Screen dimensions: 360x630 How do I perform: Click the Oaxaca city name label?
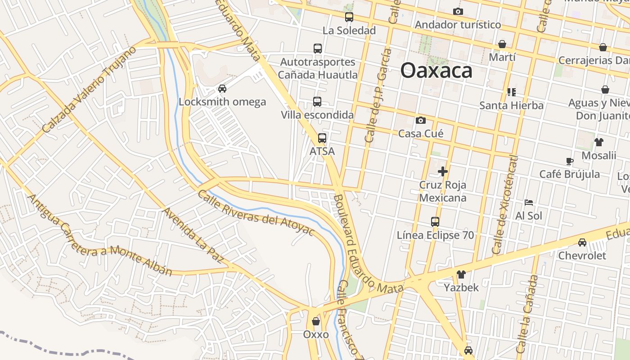[x=436, y=71]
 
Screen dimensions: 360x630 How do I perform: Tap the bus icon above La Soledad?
[x=349, y=17]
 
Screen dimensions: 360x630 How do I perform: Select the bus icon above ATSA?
[x=322, y=138]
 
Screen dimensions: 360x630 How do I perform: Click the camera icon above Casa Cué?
[x=421, y=120]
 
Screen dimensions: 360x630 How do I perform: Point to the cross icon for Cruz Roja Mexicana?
[x=443, y=171]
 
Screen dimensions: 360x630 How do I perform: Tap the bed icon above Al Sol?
[x=529, y=202]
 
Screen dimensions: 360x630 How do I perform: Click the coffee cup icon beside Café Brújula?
[x=570, y=161]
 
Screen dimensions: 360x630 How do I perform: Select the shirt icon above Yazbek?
[x=461, y=274]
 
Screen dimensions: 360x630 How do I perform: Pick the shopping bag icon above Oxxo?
[x=316, y=321]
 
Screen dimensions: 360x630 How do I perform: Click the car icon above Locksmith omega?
[x=222, y=89]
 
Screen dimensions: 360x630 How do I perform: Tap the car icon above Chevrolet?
[x=582, y=242]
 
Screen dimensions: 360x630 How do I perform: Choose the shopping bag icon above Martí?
[x=502, y=44]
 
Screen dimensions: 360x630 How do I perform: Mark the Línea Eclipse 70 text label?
[x=435, y=235]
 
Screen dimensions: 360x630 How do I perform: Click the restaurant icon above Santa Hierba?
[x=511, y=92]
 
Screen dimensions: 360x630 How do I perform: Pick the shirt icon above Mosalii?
[x=598, y=142]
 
